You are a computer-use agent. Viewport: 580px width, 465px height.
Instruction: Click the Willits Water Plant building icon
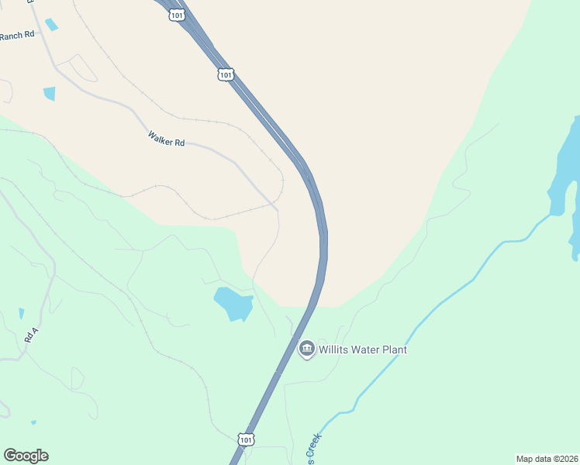tap(306, 350)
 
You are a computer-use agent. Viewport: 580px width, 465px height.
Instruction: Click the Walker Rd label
tap(166, 139)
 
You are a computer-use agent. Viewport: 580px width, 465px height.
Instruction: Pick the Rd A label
tap(31, 335)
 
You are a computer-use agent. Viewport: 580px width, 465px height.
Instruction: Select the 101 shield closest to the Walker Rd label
tap(225, 74)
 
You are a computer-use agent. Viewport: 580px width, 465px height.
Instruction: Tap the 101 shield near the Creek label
tap(245, 439)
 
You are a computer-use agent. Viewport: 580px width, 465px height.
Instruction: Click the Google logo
tap(26, 456)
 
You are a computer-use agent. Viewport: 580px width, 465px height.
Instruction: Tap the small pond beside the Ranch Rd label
tap(51, 25)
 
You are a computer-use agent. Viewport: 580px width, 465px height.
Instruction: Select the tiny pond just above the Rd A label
tap(22, 313)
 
